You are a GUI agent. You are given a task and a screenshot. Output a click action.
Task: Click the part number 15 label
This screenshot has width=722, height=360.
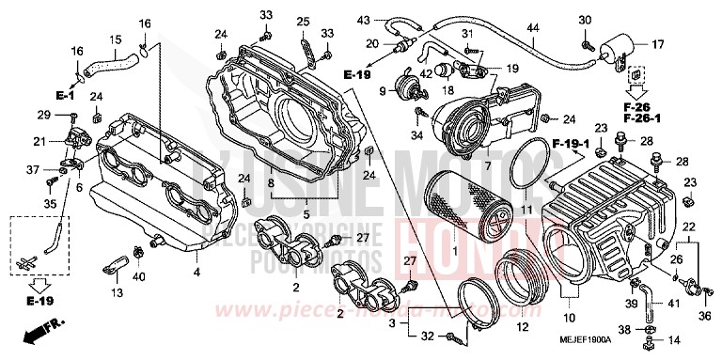click(x=116, y=39)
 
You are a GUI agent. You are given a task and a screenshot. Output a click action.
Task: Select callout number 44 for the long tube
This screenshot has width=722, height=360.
click(x=533, y=28)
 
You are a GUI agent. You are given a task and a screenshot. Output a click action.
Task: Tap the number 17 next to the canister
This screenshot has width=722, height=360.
click(x=658, y=43)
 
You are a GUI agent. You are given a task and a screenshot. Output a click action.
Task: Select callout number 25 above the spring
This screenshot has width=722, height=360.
click(x=302, y=22)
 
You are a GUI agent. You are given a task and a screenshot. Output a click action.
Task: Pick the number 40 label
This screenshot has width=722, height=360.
click(x=139, y=276)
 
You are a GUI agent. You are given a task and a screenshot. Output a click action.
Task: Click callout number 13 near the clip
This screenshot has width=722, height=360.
click(x=118, y=294)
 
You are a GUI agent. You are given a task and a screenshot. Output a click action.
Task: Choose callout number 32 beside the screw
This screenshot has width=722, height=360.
click(x=428, y=336)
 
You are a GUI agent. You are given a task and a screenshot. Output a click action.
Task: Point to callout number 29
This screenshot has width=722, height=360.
click(x=43, y=115)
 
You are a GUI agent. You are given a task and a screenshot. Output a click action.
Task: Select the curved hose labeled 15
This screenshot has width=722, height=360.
click(x=111, y=62)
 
